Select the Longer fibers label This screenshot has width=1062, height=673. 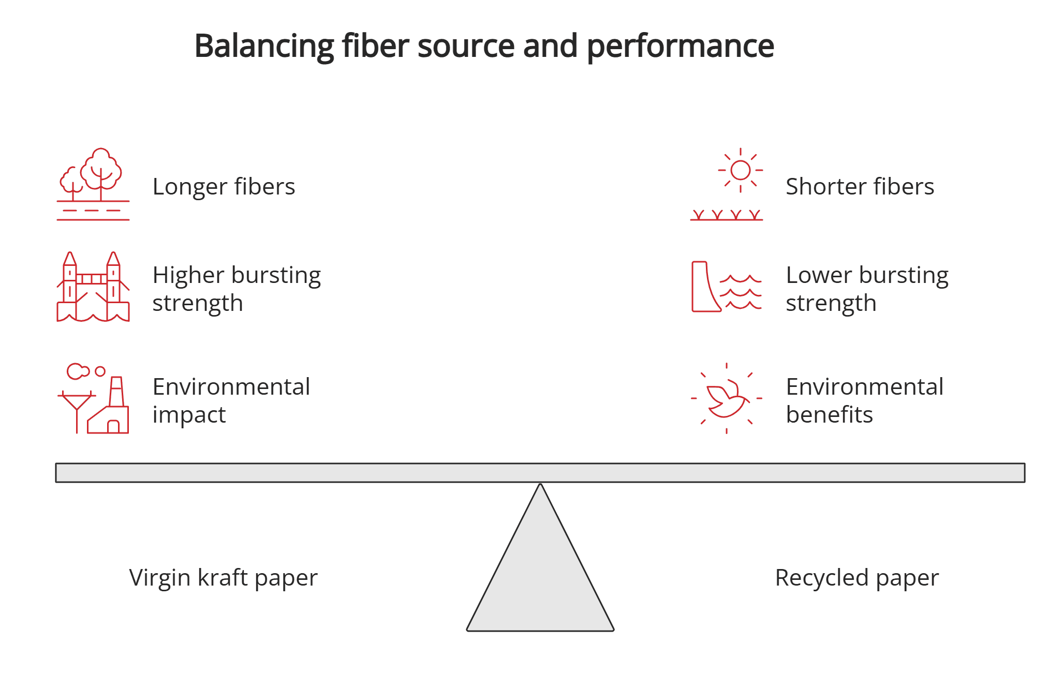pos(224,187)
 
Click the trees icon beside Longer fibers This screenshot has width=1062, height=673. pos(93,184)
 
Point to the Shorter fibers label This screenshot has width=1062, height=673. pos(860,187)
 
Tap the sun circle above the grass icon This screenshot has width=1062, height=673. pos(740,170)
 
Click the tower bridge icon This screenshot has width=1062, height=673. pos(93,287)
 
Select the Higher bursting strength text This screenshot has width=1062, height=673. pos(237,289)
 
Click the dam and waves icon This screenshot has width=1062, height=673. pos(726,287)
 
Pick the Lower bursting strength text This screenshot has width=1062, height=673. pos(867,289)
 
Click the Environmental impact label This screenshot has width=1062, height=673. pos(231,400)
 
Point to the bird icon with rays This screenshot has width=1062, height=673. pos(726,398)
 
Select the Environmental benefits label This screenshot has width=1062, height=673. pos(864,400)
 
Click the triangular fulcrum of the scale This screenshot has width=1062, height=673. pos(540,579)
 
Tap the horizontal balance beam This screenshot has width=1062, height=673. pos(540,473)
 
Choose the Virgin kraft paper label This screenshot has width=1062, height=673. pos(223,578)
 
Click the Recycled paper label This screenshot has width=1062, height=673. pos(857,578)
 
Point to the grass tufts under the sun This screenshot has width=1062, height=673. pos(726,215)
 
